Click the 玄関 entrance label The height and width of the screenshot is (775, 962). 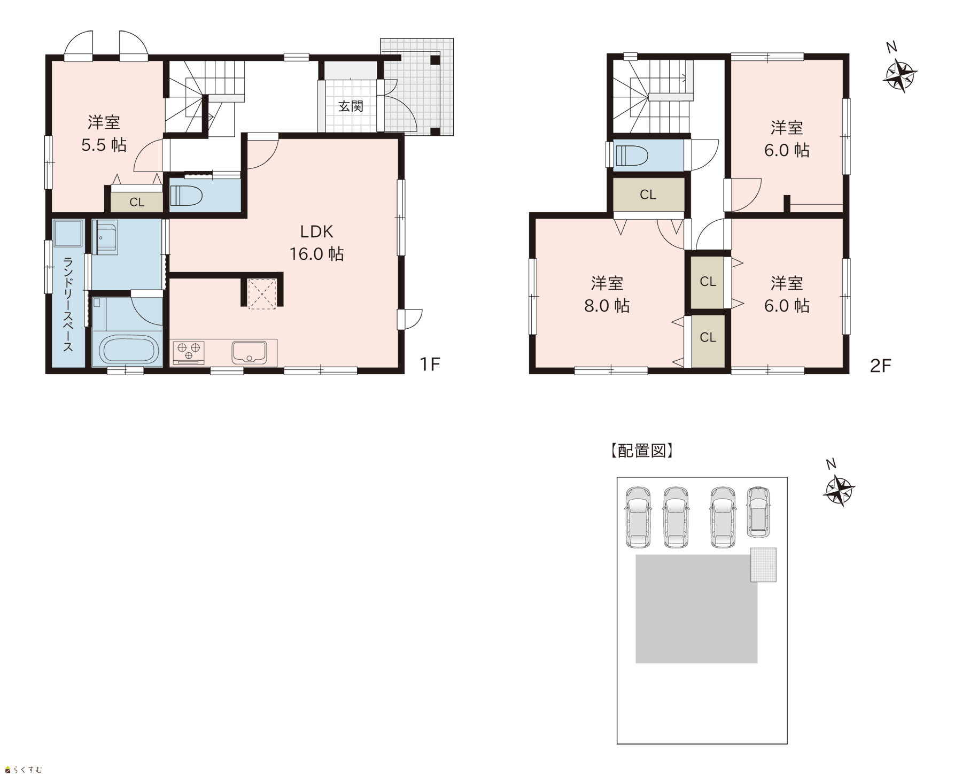click(x=351, y=106)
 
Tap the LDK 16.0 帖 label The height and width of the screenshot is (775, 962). click(x=316, y=242)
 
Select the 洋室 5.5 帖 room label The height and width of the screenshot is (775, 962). click(x=104, y=134)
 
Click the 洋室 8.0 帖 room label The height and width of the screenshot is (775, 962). click(x=607, y=294)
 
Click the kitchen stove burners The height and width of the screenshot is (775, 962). click(x=189, y=351)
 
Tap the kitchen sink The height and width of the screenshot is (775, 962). click(x=249, y=352)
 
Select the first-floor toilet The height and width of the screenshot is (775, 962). click(x=185, y=196)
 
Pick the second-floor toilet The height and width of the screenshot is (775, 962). click(x=631, y=156)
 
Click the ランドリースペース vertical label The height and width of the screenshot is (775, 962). click(x=68, y=304)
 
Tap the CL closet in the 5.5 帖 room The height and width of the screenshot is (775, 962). click(x=137, y=202)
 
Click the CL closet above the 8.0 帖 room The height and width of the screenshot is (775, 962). click(x=648, y=195)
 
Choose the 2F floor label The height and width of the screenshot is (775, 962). click(x=880, y=366)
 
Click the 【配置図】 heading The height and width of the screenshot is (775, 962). click(x=641, y=451)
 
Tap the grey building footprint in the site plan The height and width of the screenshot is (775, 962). click(x=696, y=609)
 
